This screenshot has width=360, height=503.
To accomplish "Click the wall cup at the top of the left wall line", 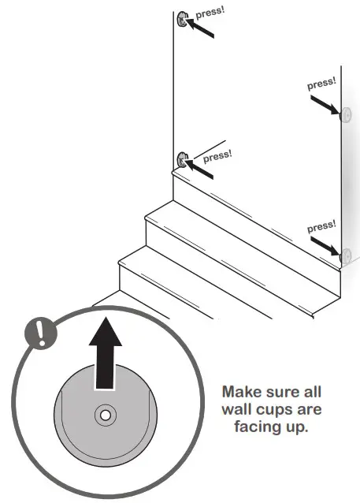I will click(x=182, y=20).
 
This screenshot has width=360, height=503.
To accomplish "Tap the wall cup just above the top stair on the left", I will click(x=182, y=160).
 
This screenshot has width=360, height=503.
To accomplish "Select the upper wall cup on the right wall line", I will click(x=344, y=115).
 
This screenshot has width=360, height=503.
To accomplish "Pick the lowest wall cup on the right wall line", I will click(x=344, y=255).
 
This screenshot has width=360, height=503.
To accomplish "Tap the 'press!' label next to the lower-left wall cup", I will click(x=217, y=155).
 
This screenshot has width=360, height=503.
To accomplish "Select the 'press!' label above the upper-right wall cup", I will click(x=321, y=83).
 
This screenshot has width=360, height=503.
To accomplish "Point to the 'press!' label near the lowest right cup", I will click(x=321, y=227).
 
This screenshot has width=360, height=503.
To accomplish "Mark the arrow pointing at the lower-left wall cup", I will click(x=201, y=166).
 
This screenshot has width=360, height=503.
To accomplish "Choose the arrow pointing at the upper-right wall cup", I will click(x=325, y=105).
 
